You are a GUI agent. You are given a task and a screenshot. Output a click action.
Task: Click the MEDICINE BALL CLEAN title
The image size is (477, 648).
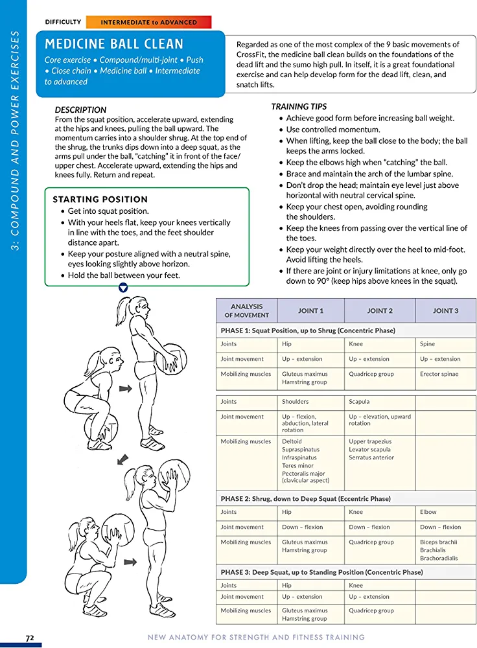(x=114, y=44)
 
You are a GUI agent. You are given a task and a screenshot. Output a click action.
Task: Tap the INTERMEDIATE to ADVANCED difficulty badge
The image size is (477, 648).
(x=148, y=22)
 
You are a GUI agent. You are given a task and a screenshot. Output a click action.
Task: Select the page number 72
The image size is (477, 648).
(x=30, y=638)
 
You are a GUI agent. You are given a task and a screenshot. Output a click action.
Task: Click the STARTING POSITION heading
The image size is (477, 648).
(x=100, y=199)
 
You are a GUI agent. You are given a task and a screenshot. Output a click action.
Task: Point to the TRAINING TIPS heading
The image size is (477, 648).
(x=299, y=106)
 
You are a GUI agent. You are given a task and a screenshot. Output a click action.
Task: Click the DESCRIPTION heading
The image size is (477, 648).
(x=80, y=110)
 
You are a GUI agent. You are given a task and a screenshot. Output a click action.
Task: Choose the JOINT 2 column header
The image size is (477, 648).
(x=380, y=310)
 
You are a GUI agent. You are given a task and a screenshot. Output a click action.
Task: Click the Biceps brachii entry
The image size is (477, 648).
(x=439, y=542)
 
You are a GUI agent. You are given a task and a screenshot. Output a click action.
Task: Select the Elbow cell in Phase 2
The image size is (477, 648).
(x=428, y=512)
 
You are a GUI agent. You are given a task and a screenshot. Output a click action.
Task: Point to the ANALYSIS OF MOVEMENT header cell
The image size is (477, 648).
(x=247, y=310)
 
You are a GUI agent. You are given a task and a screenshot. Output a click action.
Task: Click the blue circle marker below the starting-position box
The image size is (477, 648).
(x=124, y=287)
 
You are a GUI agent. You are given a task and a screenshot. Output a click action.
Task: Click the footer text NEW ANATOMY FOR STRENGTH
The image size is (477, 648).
(x=256, y=638)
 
